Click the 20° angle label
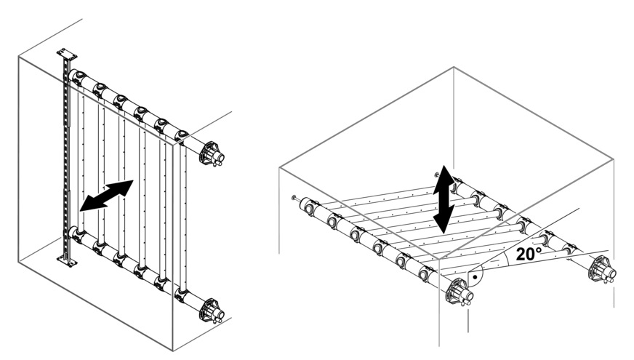click(529, 254)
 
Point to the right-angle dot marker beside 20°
click(476, 278)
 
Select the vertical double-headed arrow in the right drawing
click(444, 199)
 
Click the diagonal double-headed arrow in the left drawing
click(107, 196)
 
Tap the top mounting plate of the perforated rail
click(67, 55)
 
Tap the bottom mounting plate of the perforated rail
click(67, 261)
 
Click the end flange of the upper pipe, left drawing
click(212, 153)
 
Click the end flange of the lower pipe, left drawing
click(211, 311)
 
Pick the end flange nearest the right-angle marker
click(459, 293)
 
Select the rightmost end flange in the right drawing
click(603, 271)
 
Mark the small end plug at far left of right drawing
click(294, 198)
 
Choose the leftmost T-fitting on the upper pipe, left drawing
click(78, 76)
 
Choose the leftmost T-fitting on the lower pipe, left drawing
click(77, 234)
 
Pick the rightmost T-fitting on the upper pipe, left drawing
click(182, 135)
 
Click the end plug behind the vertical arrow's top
click(437, 175)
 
